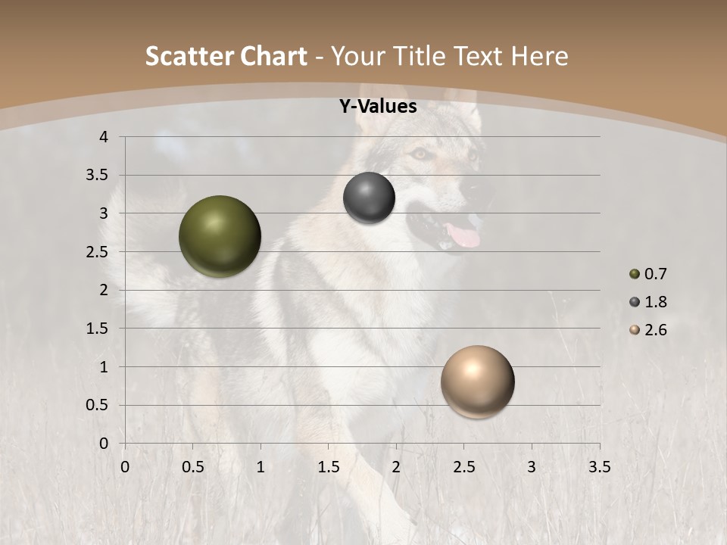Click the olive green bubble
[x=220, y=236]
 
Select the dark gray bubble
[x=369, y=198]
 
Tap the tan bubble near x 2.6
[x=477, y=381]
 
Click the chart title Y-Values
[x=378, y=107]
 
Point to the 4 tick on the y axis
[x=105, y=137]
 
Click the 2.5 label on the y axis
[x=97, y=252]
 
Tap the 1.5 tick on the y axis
[x=97, y=329]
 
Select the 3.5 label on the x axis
[x=599, y=467]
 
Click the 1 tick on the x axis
[x=261, y=467]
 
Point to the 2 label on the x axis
[x=396, y=467]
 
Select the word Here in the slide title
[x=539, y=56]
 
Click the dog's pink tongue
[x=463, y=235]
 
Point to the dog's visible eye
[x=420, y=154]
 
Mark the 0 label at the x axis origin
[x=125, y=467]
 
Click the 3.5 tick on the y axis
[x=97, y=176]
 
